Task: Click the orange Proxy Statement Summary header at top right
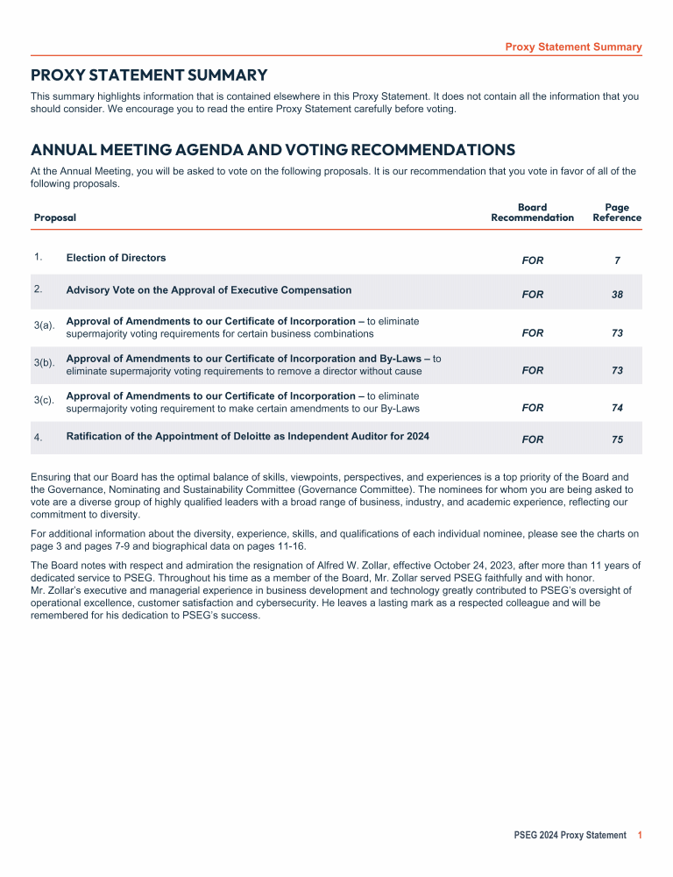click(573, 47)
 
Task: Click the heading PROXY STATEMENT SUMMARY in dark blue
click(149, 75)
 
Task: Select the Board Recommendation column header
click(532, 212)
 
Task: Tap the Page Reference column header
click(617, 212)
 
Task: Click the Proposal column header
click(54, 217)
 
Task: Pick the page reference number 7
click(617, 261)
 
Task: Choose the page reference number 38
click(617, 295)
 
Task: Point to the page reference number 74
click(617, 409)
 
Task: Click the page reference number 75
click(617, 440)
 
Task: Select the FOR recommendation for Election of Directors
click(532, 261)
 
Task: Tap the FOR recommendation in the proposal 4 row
click(532, 440)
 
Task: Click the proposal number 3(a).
click(44, 325)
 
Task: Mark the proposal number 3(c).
click(44, 400)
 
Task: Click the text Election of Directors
click(116, 258)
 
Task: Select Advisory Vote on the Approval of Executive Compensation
click(209, 290)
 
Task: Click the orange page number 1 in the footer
click(641, 836)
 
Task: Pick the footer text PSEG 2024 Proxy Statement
click(570, 836)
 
